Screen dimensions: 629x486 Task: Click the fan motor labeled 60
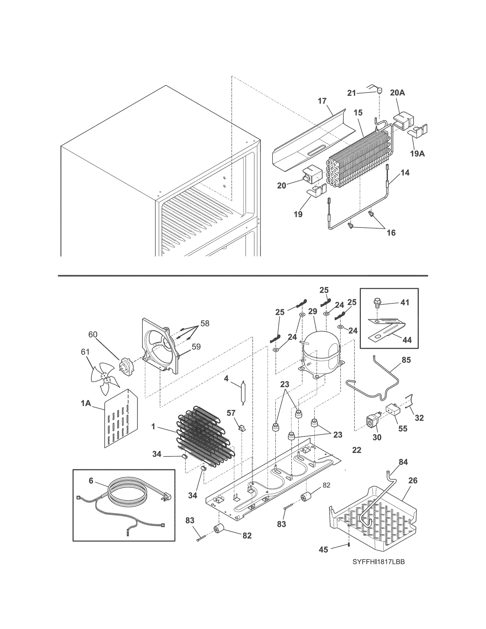pyautogui.click(x=125, y=365)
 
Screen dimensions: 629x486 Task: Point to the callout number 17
pyautogui.click(x=322, y=101)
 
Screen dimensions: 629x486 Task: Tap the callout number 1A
pyautogui.click(x=86, y=403)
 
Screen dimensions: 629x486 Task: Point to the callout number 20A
pyautogui.click(x=397, y=93)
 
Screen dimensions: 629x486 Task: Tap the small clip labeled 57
pyautogui.click(x=242, y=428)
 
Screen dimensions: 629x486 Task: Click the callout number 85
pyautogui.click(x=406, y=360)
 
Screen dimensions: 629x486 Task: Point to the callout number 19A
pyautogui.click(x=417, y=154)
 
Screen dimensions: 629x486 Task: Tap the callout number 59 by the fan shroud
pyautogui.click(x=196, y=347)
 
